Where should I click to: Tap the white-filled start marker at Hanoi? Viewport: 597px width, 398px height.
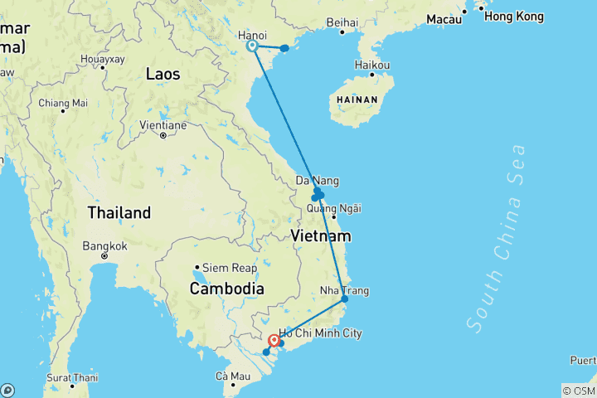click(x=253, y=46)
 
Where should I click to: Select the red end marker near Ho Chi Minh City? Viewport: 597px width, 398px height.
click(x=274, y=340)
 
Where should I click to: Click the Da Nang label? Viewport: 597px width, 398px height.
click(x=318, y=181)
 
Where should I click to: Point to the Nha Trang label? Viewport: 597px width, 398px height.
click(x=344, y=291)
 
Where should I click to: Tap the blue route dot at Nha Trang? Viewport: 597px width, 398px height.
click(x=344, y=298)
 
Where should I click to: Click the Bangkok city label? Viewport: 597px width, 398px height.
click(x=105, y=246)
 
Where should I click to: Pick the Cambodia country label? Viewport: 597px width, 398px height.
click(x=226, y=289)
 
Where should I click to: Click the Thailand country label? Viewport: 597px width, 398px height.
click(x=119, y=213)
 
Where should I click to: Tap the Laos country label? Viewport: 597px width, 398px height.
click(x=163, y=74)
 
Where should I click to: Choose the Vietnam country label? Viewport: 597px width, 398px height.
click(x=321, y=236)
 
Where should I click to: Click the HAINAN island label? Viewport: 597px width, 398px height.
click(x=357, y=99)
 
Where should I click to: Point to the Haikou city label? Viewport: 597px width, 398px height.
click(x=372, y=64)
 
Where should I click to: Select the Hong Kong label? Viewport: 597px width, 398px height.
click(x=513, y=17)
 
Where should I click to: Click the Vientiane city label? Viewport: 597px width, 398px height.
click(x=163, y=124)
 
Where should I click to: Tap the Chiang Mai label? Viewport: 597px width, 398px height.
click(x=62, y=103)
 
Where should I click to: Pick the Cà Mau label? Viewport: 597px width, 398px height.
click(x=233, y=376)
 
